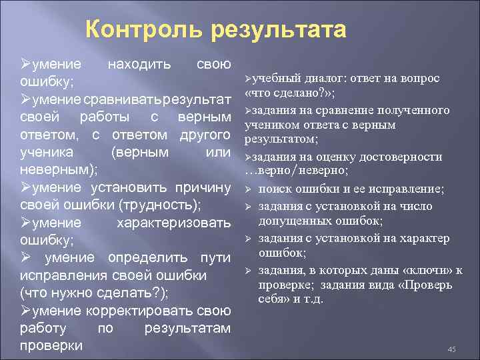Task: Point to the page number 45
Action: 451,349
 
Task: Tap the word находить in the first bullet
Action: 139,65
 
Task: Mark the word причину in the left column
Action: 203,187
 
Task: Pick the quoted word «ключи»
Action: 430,269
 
